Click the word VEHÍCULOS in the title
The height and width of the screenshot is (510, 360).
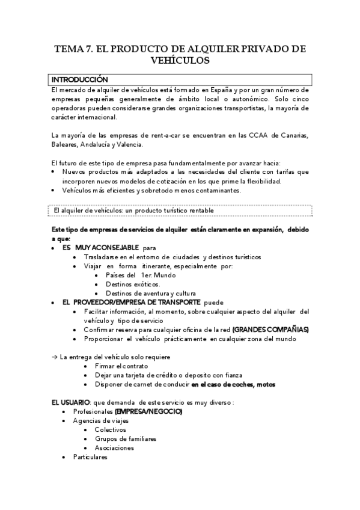[x=180, y=60]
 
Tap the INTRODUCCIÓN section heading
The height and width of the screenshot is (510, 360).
[x=79, y=79]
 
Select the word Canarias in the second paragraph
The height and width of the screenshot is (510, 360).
[x=294, y=136]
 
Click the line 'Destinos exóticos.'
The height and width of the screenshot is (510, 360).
[x=132, y=284]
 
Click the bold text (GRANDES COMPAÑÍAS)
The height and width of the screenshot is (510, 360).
[x=270, y=330]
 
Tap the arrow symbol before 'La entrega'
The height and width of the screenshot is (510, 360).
[x=54, y=357]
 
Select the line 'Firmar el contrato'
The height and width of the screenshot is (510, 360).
[x=121, y=366]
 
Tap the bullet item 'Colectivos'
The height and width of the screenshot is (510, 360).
[x=110, y=430]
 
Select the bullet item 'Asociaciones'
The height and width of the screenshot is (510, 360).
[x=114, y=448]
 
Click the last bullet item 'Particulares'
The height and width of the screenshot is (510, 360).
[x=90, y=457]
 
